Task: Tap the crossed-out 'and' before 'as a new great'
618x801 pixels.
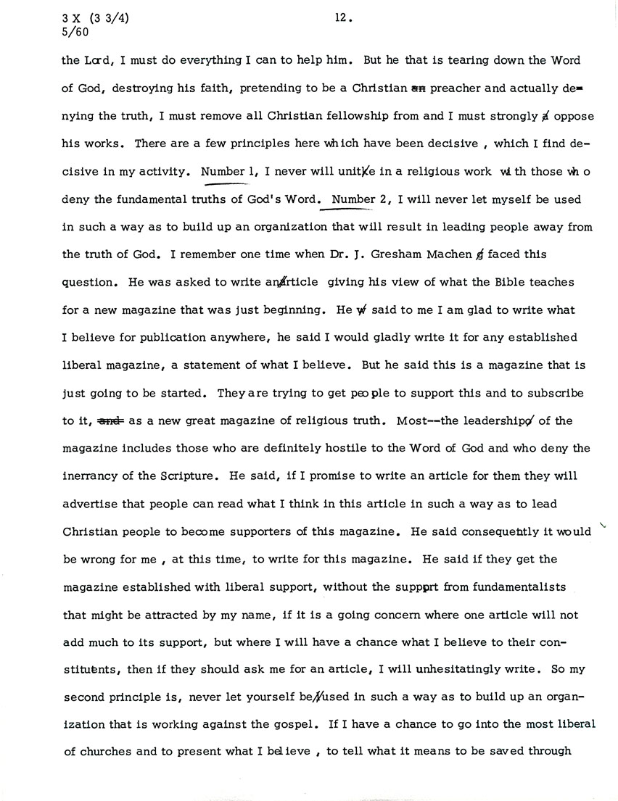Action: coord(108,420)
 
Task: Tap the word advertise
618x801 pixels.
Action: coord(91,504)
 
